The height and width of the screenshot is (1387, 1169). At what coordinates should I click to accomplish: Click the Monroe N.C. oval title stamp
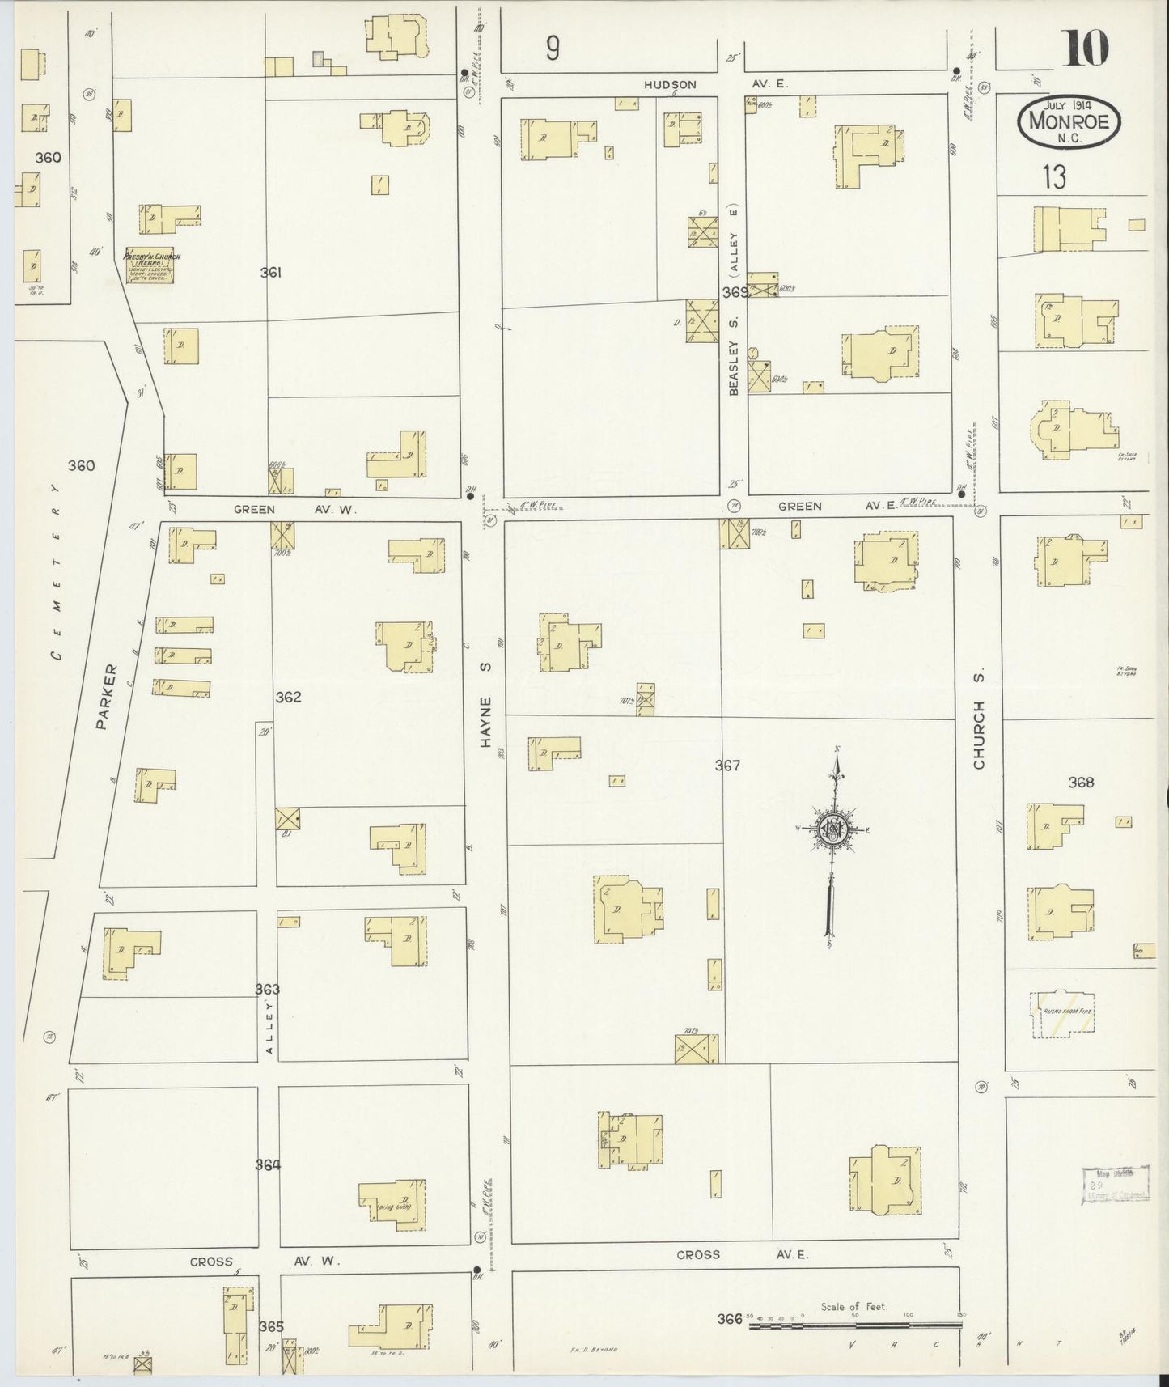tap(1069, 123)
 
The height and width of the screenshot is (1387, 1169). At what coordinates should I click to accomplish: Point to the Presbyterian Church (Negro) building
tap(151, 266)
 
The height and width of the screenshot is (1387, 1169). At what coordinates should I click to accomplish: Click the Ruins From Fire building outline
tap(1063, 1014)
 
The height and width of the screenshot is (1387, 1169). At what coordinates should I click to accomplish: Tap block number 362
tap(288, 697)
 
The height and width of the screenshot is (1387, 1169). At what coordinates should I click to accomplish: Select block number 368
tap(1081, 783)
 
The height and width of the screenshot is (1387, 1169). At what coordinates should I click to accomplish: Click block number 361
tap(270, 274)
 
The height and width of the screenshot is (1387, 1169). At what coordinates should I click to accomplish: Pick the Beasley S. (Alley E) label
tap(735, 299)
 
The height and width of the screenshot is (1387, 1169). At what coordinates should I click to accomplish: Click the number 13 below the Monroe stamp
tap(1054, 177)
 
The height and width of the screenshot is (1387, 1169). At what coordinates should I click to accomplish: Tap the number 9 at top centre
tap(552, 50)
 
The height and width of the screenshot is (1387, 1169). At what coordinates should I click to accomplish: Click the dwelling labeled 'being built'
tap(392, 1203)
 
